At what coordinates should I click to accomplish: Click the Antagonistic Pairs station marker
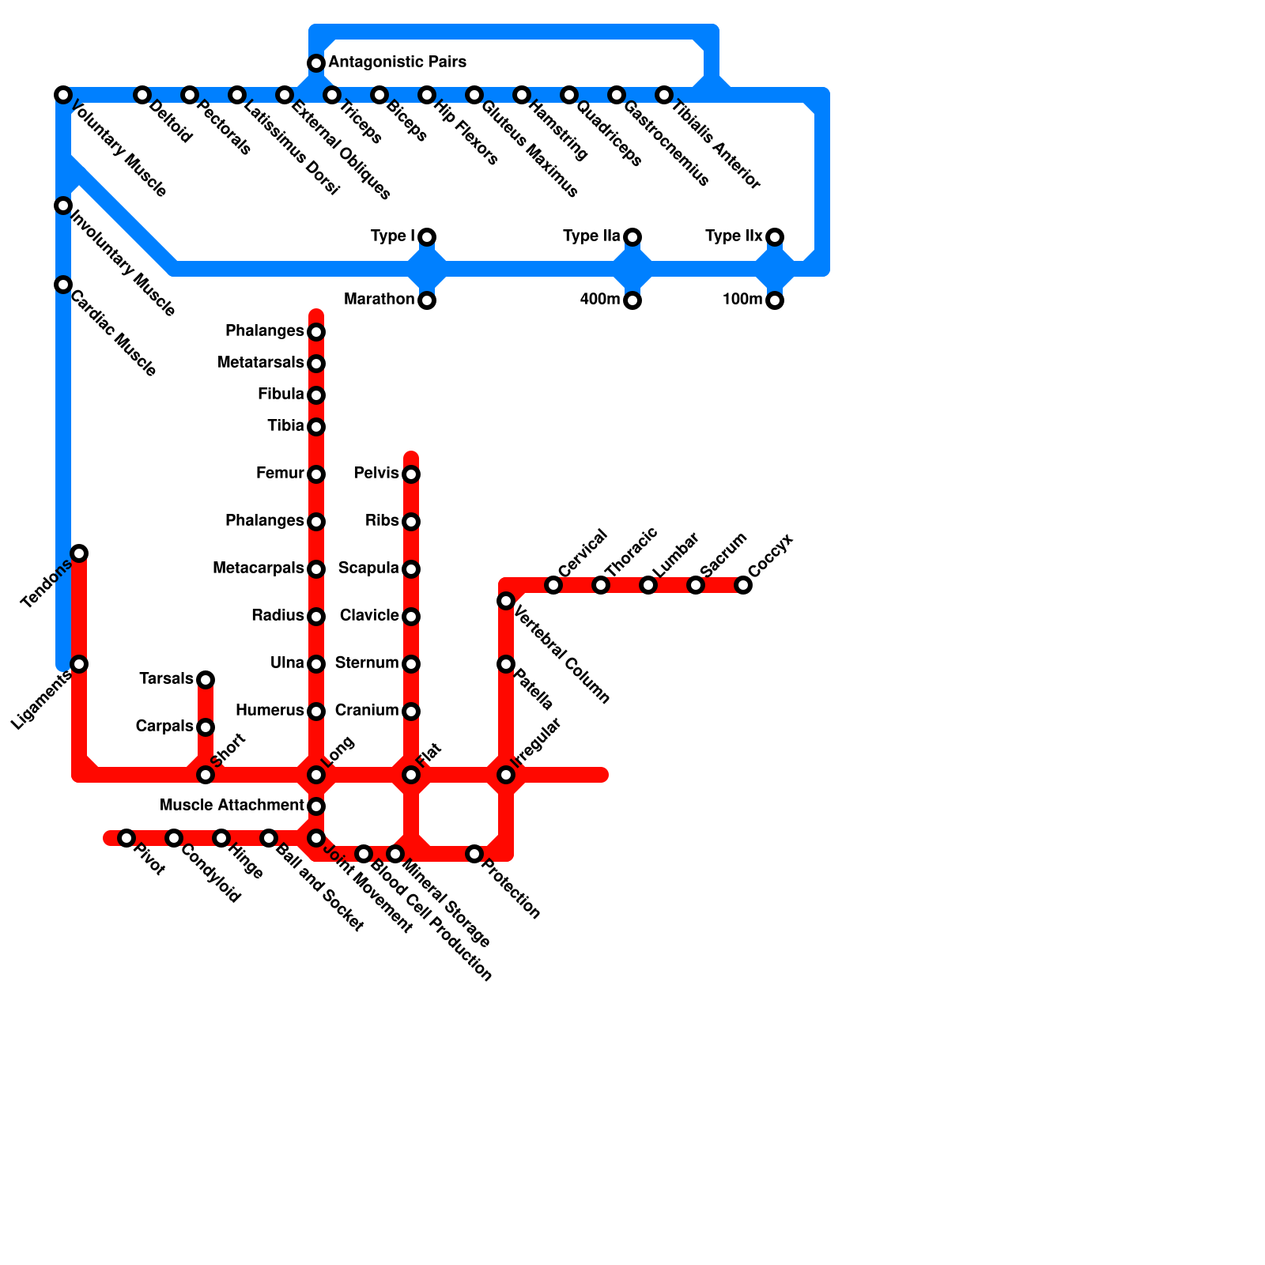(316, 62)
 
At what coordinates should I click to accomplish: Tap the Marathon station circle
(427, 300)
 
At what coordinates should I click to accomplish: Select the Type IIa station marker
(632, 237)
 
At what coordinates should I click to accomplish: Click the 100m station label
(742, 300)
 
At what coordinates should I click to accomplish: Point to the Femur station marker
(316, 474)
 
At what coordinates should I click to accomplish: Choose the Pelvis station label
(376, 474)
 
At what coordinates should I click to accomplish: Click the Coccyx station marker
(743, 585)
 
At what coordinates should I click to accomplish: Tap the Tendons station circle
(79, 553)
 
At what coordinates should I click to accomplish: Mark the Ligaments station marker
(79, 663)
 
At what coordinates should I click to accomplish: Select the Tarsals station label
(166, 679)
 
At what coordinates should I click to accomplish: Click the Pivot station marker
(126, 837)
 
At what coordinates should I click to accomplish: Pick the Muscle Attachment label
(232, 806)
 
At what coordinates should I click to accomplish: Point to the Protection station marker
(474, 854)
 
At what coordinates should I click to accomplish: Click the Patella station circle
(506, 664)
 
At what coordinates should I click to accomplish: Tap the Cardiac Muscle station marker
(63, 285)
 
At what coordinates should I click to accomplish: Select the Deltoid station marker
(142, 95)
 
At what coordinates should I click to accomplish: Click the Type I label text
(392, 236)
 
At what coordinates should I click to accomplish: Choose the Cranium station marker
(411, 712)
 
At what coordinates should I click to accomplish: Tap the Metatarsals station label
(260, 363)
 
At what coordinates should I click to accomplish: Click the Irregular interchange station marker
(506, 775)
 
